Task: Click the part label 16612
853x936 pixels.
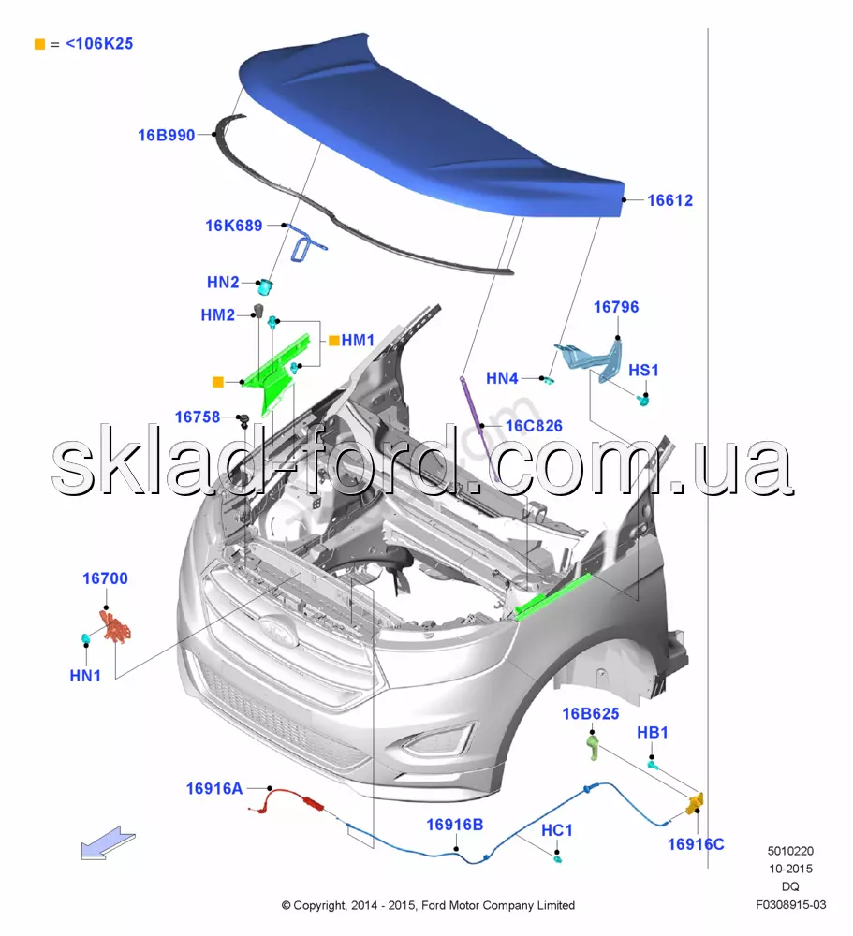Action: [x=670, y=200]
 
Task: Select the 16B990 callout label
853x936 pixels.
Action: [x=167, y=136]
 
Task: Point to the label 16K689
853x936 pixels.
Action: [x=234, y=226]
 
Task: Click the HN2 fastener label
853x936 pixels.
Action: [x=223, y=283]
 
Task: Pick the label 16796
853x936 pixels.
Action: [x=616, y=307]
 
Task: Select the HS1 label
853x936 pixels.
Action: [x=643, y=370]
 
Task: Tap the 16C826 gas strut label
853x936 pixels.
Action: [x=534, y=426]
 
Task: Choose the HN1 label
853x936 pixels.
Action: [x=85, y=677]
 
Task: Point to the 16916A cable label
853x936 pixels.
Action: [x=214, y=789]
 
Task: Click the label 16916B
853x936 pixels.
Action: [x=454, y=825]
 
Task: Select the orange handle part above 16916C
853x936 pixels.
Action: [x=695, y=803]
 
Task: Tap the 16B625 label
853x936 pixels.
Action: [x=591, y=714]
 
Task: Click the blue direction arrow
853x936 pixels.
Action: [x=108, y=843]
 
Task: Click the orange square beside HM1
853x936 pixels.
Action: [x=334, y=341]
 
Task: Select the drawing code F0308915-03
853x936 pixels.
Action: [x=791, y=905]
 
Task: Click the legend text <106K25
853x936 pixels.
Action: [x=99, y=44]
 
